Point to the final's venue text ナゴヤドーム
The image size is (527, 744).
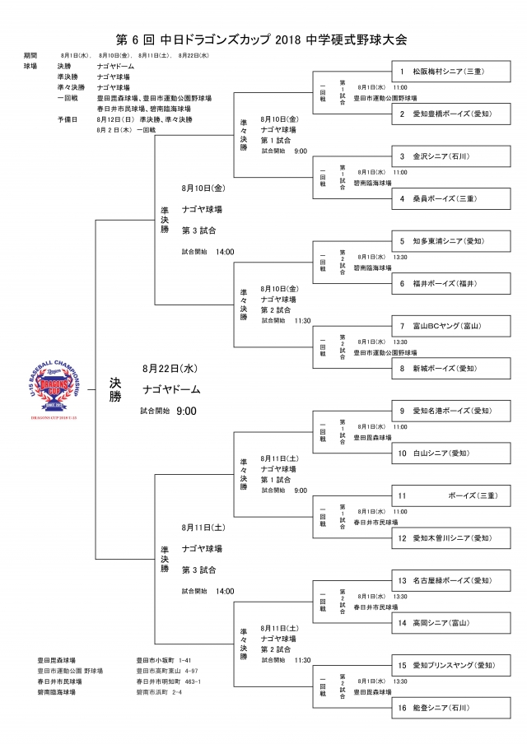pos(171,389)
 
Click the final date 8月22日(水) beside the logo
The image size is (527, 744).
pos(170,368)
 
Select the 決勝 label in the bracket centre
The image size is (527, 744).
pos(115,389)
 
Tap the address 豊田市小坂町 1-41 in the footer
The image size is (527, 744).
pos(164,660)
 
